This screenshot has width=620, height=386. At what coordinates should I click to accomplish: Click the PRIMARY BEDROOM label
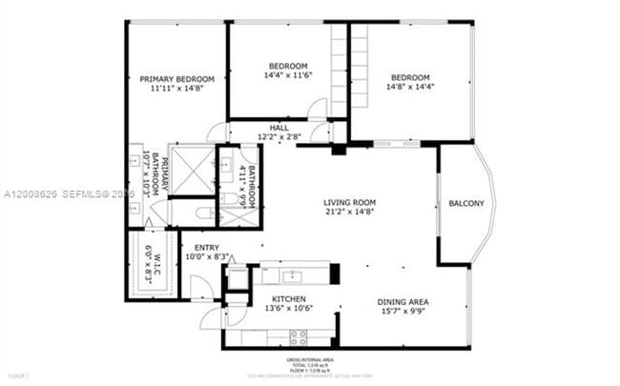tap(176, 79)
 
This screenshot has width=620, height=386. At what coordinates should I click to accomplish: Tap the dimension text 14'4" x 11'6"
tap(288, 75)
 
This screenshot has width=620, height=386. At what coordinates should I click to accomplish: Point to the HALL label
tap(279, 128)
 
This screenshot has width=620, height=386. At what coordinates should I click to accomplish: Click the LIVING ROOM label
tap(349, 202)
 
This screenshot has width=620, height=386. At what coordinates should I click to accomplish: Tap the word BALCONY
tap(466, 203)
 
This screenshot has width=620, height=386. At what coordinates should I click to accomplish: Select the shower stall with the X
tap(196, 171)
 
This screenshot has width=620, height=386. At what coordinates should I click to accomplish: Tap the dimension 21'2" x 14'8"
tap(349, 213)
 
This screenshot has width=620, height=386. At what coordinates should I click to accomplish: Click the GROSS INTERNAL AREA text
tap(310, 360)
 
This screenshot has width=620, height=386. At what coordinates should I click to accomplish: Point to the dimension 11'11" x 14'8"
tap(176, 89)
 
